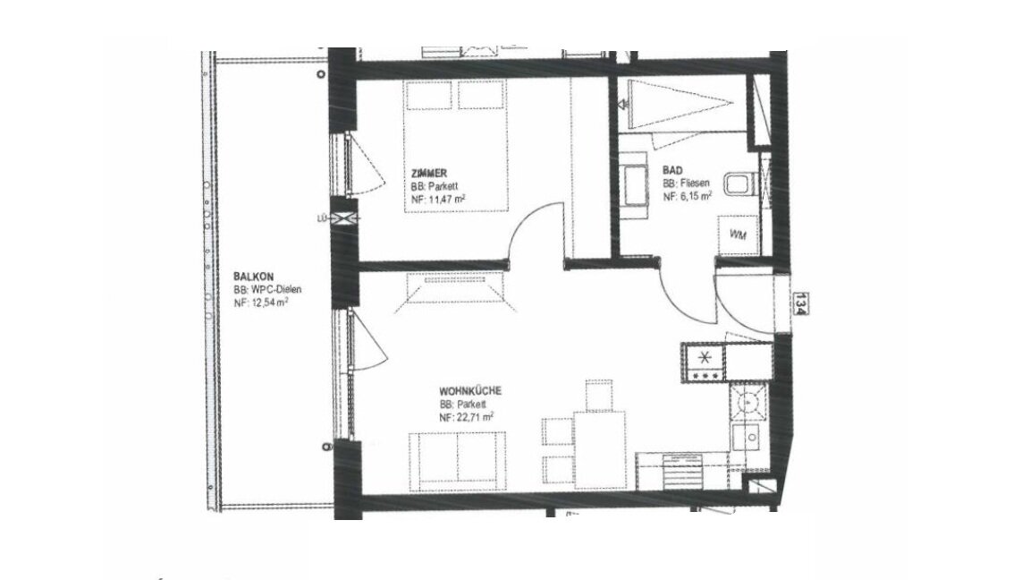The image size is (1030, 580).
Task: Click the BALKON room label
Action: coord(254,277)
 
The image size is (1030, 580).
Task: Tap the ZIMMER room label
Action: coord(429,173)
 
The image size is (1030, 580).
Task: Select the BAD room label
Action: coord(672,170)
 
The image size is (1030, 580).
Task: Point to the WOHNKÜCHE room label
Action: coord(470,390)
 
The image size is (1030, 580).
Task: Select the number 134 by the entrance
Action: coord(799,303)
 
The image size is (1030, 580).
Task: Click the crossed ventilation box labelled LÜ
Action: coord(345,219)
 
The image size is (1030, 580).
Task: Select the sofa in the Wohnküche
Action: coord(458,462)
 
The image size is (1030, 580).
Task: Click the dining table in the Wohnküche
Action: coord(601,450)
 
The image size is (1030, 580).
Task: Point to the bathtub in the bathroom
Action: coord(680,104)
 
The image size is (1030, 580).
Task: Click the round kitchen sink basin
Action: coord(747,400)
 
